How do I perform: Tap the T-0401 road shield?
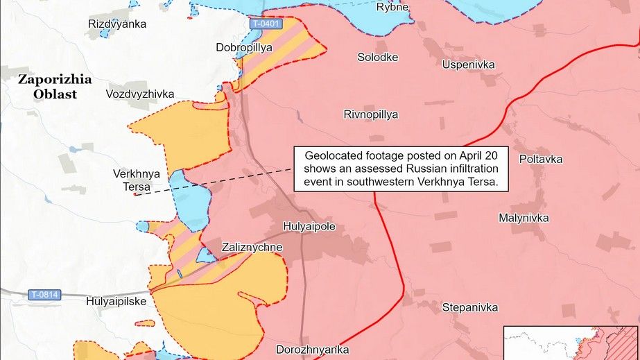266,24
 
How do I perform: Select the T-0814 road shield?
45,295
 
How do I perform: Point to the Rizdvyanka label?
117,24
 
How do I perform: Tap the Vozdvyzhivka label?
140,94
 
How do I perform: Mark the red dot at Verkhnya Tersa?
135,195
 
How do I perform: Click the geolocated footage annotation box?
401,169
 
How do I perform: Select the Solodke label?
378,57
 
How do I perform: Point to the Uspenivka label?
469,65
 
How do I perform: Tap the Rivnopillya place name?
371,114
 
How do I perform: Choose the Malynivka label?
524,218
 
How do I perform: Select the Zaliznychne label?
252,247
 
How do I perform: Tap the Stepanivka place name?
470,307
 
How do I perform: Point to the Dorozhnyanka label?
312,350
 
